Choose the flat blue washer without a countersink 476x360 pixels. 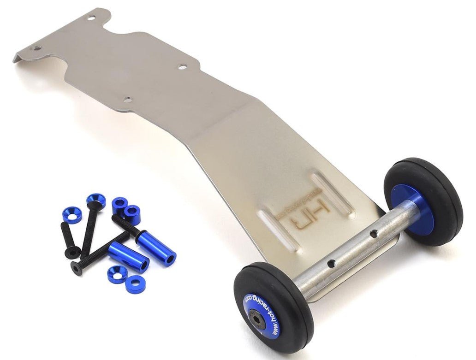pyautogui.click(x=135, y=284)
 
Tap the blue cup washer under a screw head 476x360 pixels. pyautogui.click(x=95, y=200)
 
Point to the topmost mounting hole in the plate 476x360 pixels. pyautogui.click(x=92, y=18)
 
